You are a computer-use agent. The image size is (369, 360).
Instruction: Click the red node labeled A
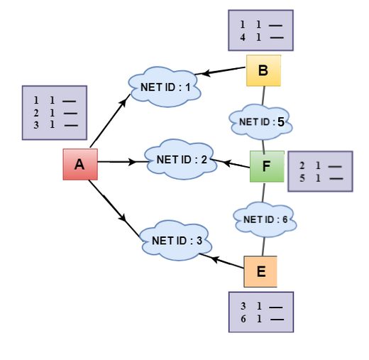click(x=80, y=164)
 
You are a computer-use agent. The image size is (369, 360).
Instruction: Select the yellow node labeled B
click(x=263, y=70)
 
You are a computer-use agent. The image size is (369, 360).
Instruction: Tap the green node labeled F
click(x=267, y=166)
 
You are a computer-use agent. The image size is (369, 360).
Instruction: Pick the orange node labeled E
click(x=260, y=271)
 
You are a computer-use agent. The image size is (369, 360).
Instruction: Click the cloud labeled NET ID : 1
click(x=165, y=87)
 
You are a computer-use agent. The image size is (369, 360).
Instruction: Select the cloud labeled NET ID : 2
click(x=181, y=159)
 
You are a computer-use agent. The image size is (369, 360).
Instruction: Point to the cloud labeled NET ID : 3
click(x=176, y=241)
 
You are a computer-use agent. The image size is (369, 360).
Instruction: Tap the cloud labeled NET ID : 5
click(x=260, y=122)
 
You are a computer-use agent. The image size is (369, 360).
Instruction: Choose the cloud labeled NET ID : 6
click(x=265, y=219)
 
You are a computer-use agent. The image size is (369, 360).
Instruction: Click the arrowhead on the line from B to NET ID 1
click(x=206, y=73)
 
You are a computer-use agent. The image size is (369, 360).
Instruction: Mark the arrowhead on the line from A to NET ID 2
click(x=133, y=162)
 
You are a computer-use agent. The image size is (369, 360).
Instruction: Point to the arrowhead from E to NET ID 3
click(x=214, y=258)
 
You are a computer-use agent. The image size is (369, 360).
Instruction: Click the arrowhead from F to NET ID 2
click(x=227, y=163)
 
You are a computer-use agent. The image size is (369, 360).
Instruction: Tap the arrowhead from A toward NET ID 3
click(x=123, y=217)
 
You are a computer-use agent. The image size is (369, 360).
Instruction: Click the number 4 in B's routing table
click(x=243, y=37)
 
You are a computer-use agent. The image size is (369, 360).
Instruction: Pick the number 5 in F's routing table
click(x=302, y=178)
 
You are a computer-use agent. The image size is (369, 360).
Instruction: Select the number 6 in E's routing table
click(x=243, y=319)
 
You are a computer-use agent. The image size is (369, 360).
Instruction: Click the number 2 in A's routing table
click(x=36, y=113)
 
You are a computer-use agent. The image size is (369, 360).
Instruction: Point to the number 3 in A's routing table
click(x=36, y=125)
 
